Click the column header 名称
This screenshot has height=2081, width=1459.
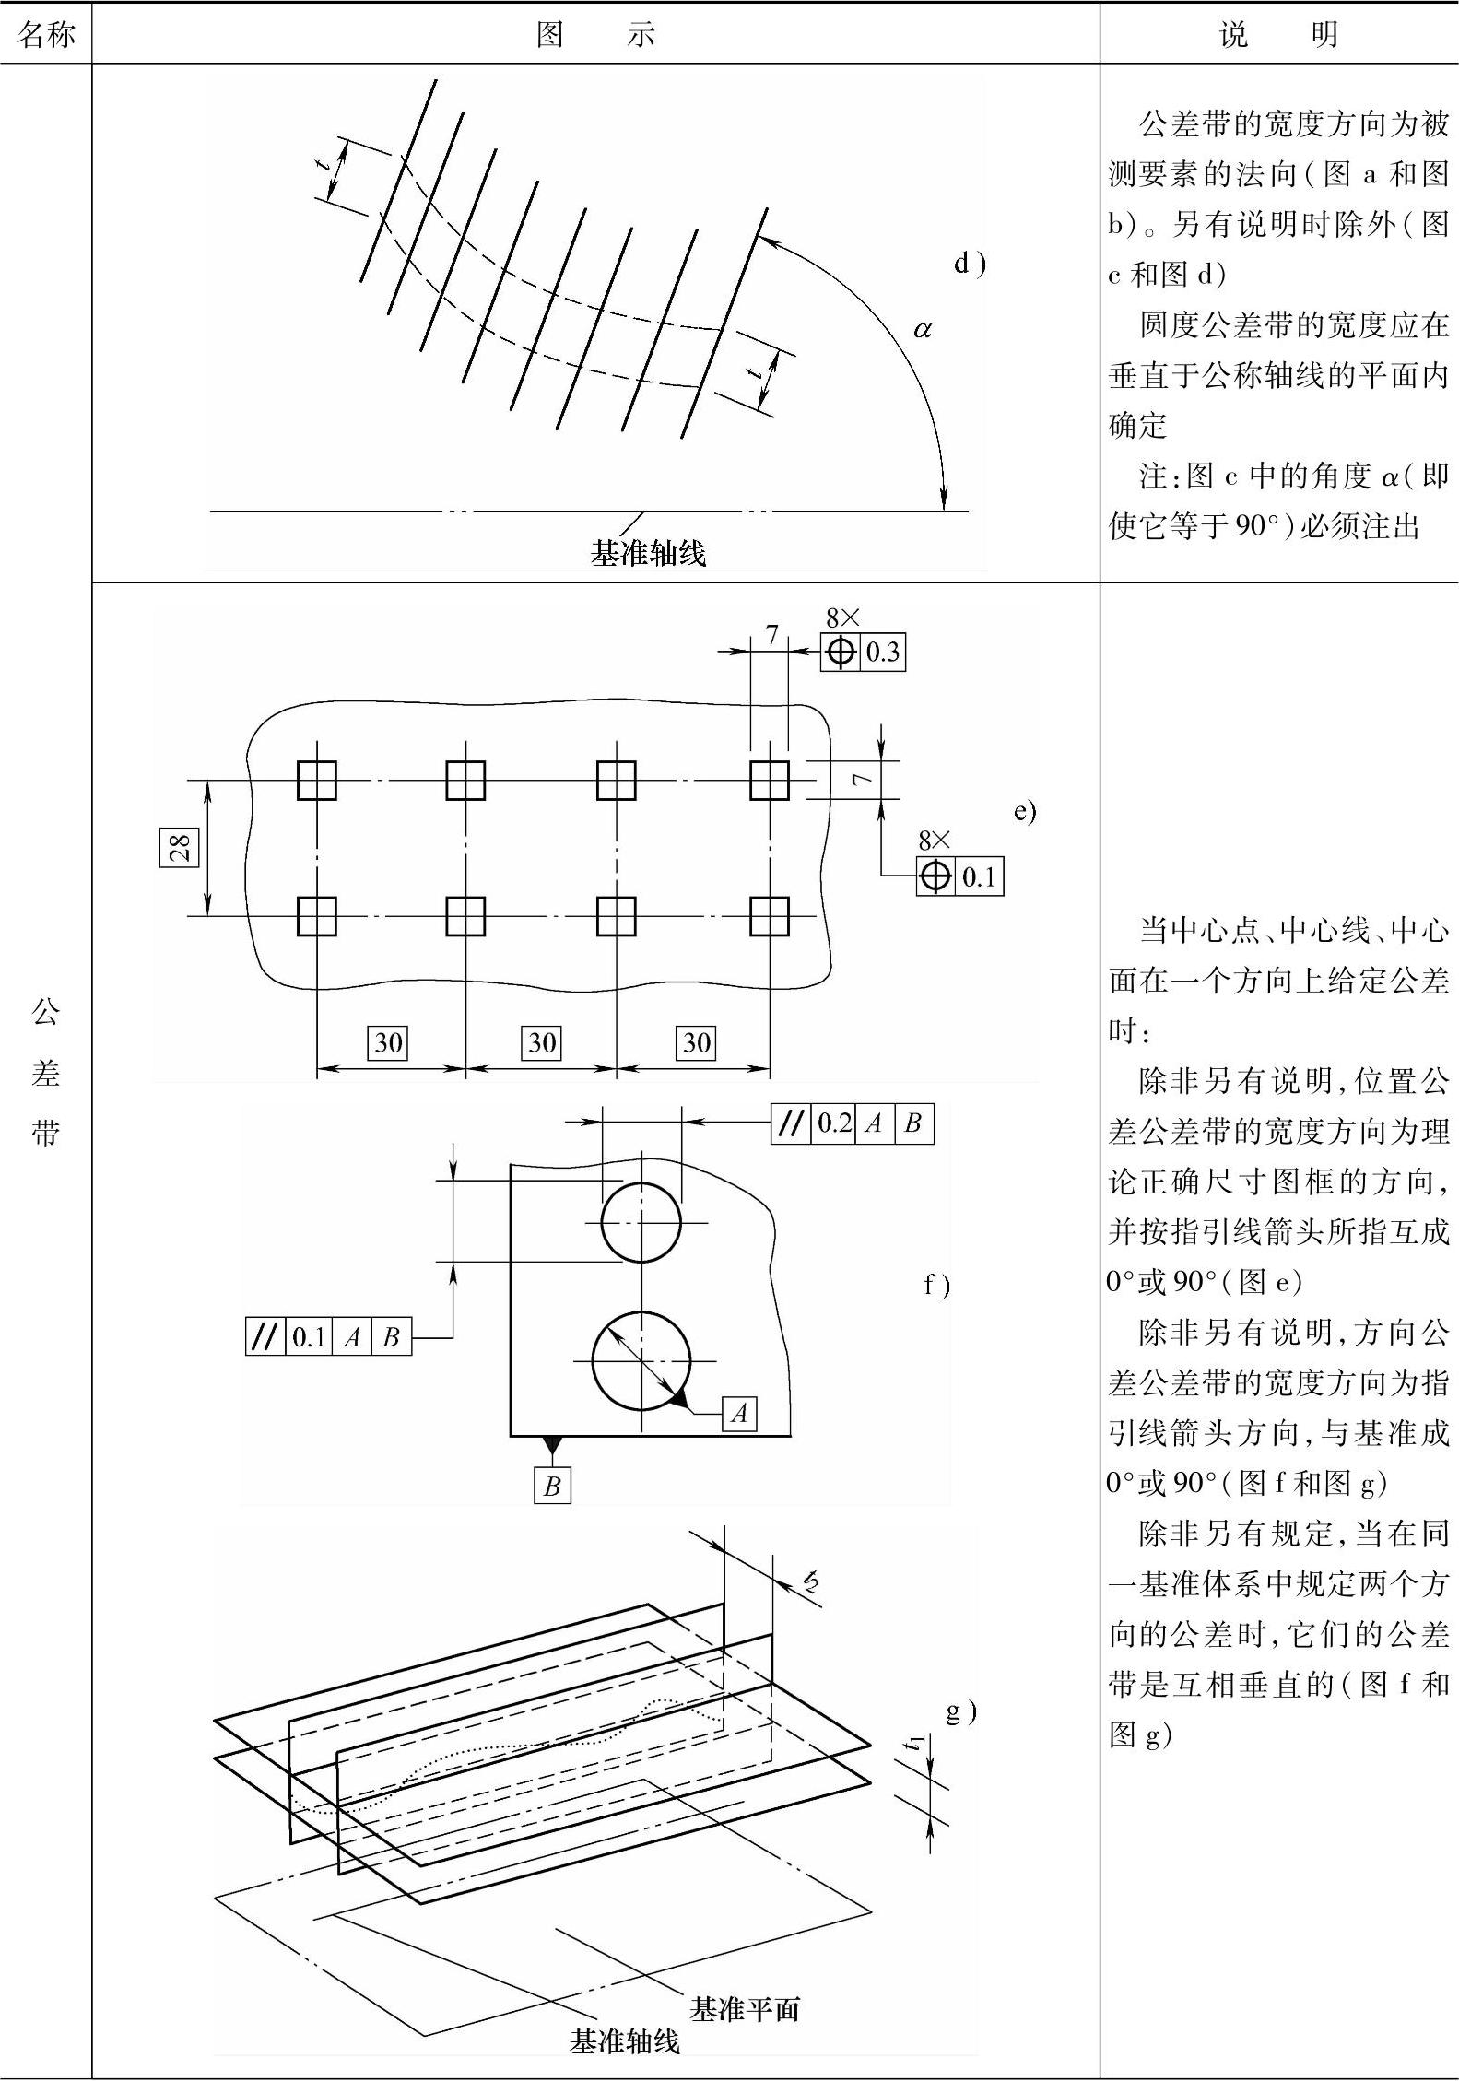pyautogui.click(x=45, y=35)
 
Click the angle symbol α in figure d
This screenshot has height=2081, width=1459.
pyautogui.click(x=922, y=328)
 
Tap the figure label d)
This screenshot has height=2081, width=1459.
pyautogui.click(x=969, y=265)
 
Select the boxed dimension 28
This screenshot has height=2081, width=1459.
pyautogui.click(x=180, y=847)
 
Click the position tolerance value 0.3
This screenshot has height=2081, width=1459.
pyautogui.click(x=882, y=653)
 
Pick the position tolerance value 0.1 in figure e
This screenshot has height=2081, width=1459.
pyautogui.click(x=979, y=876)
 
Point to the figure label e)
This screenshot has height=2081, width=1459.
pyautogui.click(x=1025, y=811)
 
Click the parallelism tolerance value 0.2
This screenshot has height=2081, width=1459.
pyautogui.click(x=834, y=1123)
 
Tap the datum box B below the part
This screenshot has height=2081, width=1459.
pyautogui.click(x=552, y=1486)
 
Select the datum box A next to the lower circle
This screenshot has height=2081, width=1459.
pyautogui.click(x=739, y=1413)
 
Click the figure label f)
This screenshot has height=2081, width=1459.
pyautogui.click(x=936, y=1285)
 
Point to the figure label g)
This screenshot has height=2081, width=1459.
pyautogui.click(x=961, y=1711)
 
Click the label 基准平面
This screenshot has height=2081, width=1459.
pyautogui.click(x=745, y=2009)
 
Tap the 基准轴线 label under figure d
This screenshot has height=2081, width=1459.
pyautogui.click(x=648, y=553)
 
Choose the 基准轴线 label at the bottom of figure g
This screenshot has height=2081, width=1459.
pyautogui.click(x=625, y=2041)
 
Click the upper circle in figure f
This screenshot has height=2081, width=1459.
pyautogui.click(x=641, y=1222)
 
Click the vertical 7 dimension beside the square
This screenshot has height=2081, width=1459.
pyautogui.click(x=862, y=780)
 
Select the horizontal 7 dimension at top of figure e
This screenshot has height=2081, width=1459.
pyautogui.click(x=771, y=635)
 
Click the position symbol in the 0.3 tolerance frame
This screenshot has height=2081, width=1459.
pyautogui.click(x=840, y=653)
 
